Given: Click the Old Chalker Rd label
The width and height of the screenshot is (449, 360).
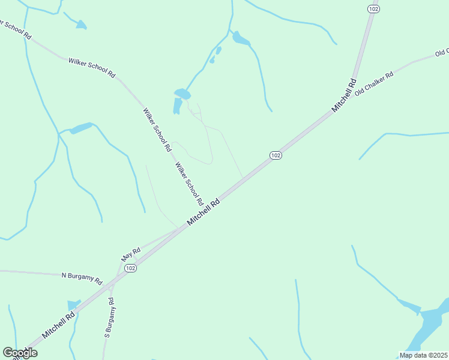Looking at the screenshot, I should tap(373, 83).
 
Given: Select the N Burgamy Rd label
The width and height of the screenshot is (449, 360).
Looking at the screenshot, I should tap(82, 278).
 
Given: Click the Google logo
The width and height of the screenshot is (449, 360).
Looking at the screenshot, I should tap(20, 353).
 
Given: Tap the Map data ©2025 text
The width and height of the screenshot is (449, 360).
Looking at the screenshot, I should tap(424, 355).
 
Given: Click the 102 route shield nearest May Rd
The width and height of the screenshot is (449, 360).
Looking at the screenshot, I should tap(131, 268).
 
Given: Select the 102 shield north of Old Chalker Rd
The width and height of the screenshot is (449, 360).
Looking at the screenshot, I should tap(373, 9).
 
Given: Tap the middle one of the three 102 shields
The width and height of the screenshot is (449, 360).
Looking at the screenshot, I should tap(276, 155).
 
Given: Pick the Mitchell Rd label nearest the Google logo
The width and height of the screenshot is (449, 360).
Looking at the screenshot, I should tap(58, 325).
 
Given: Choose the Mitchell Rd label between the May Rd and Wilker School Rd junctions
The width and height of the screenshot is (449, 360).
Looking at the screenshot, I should tap(203, 212).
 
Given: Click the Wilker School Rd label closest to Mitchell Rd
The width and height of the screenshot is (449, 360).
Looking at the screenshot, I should tap(188, 183).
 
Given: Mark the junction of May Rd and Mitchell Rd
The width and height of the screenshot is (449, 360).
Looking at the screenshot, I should tap(179, 229).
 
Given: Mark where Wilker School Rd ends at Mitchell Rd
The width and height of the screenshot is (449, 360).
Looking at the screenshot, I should tap(212, 203).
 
